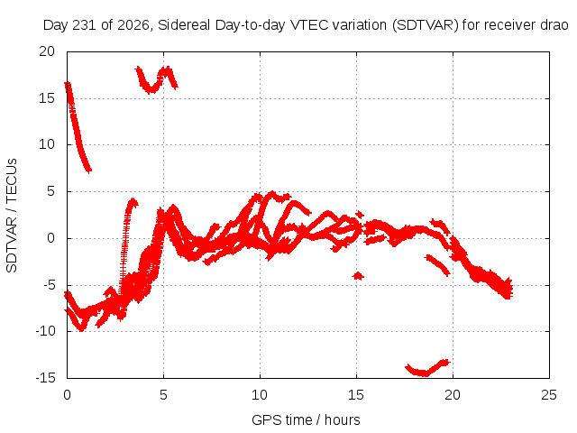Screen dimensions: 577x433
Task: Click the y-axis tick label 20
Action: [47, 51]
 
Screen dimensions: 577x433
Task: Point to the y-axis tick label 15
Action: [47, 98]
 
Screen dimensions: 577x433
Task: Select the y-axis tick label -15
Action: [45, 378]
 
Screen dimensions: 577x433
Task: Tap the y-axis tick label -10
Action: [45, 331]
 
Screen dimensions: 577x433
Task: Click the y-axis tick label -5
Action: [48, 285]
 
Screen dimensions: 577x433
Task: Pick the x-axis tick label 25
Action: [549, 395]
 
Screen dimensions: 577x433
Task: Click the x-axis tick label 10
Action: [260, 395]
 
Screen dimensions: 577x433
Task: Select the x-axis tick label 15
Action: [356, 395]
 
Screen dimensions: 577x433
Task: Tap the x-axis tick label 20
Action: [453, 395]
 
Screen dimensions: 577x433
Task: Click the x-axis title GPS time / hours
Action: [306, 420]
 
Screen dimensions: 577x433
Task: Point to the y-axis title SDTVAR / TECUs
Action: [12, 216]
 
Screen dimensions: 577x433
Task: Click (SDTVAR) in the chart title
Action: [425, 25]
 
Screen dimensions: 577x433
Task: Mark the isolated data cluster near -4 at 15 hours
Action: [358, 275]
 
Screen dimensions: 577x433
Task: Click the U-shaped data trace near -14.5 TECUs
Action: [427, 369]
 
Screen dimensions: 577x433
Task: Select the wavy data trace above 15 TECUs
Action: [156, 80]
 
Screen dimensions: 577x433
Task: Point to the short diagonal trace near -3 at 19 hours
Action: [437, 265]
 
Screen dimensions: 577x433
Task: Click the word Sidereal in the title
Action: [184, 25]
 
